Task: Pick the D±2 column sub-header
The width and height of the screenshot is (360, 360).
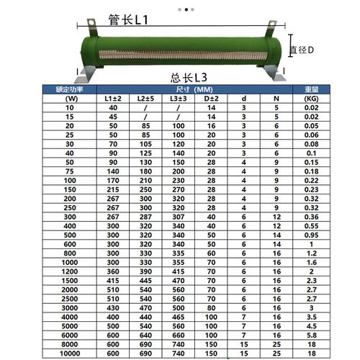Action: point(211,98)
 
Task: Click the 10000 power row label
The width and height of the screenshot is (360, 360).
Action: point(70,354)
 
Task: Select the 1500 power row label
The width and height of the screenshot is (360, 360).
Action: point(70,281)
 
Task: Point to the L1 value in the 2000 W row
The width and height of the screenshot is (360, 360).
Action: point(112,289)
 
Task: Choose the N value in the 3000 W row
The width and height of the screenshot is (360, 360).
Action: point(276,308)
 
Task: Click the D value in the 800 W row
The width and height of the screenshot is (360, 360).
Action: point(211,253)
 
